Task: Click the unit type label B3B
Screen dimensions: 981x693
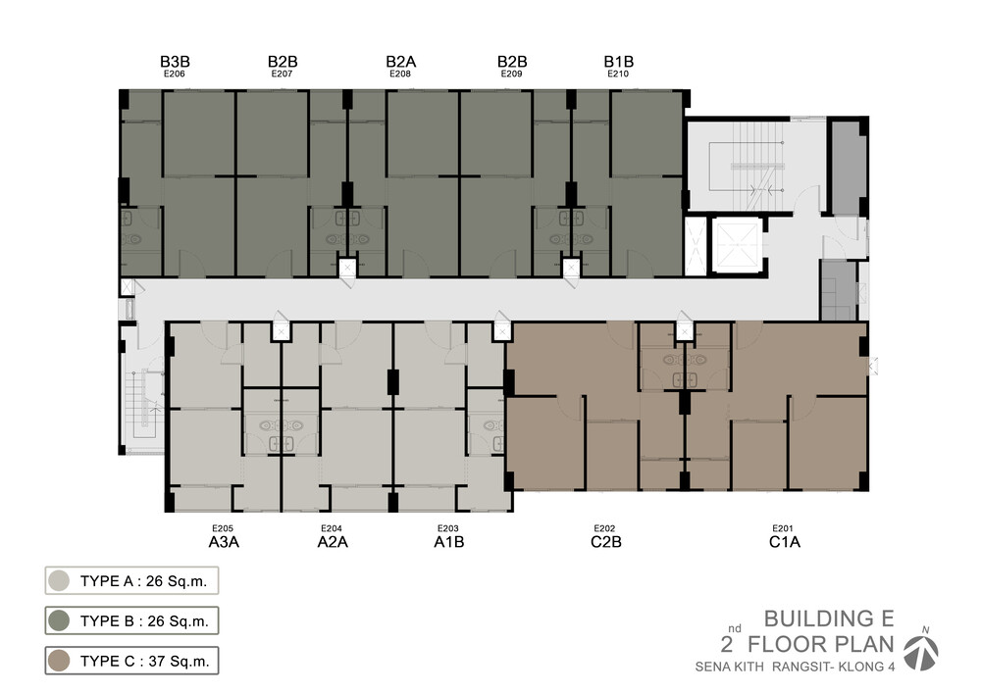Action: click(x=175, y=61)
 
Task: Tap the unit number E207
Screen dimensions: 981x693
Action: click(x=283, y=74)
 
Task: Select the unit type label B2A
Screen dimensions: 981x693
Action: click(x=400, y=61)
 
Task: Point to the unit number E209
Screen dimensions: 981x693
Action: click(x=512, y=74)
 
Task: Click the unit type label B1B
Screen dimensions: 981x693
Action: click(x=619, y=61)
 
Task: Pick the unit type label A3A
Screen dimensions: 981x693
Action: click(x=224, y=542)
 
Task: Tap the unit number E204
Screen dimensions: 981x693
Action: click(x=332, y=528)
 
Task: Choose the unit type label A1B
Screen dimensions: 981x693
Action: click(x=448, y=542)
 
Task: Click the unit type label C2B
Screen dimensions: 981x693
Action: click(x=605, y=542)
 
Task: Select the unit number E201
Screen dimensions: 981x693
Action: click(x=783, y=528)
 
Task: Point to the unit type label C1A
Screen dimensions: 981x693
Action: click(x=785, y=542)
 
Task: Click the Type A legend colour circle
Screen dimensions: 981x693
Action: click(x=59, y=581)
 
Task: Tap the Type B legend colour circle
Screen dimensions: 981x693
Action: click(x=59, y=621)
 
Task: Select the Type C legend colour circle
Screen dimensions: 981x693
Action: click(x=59, y=661)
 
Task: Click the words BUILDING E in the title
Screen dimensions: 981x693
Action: click(x=829, y=619)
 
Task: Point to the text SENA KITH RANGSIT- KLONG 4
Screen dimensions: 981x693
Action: click(x=795, y=667)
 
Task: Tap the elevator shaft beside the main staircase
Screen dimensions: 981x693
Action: click(x=737, y=246)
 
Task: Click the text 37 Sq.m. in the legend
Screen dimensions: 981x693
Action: click(x=179, y=661)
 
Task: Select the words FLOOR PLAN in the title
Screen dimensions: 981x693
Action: click(x=821, y=644)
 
